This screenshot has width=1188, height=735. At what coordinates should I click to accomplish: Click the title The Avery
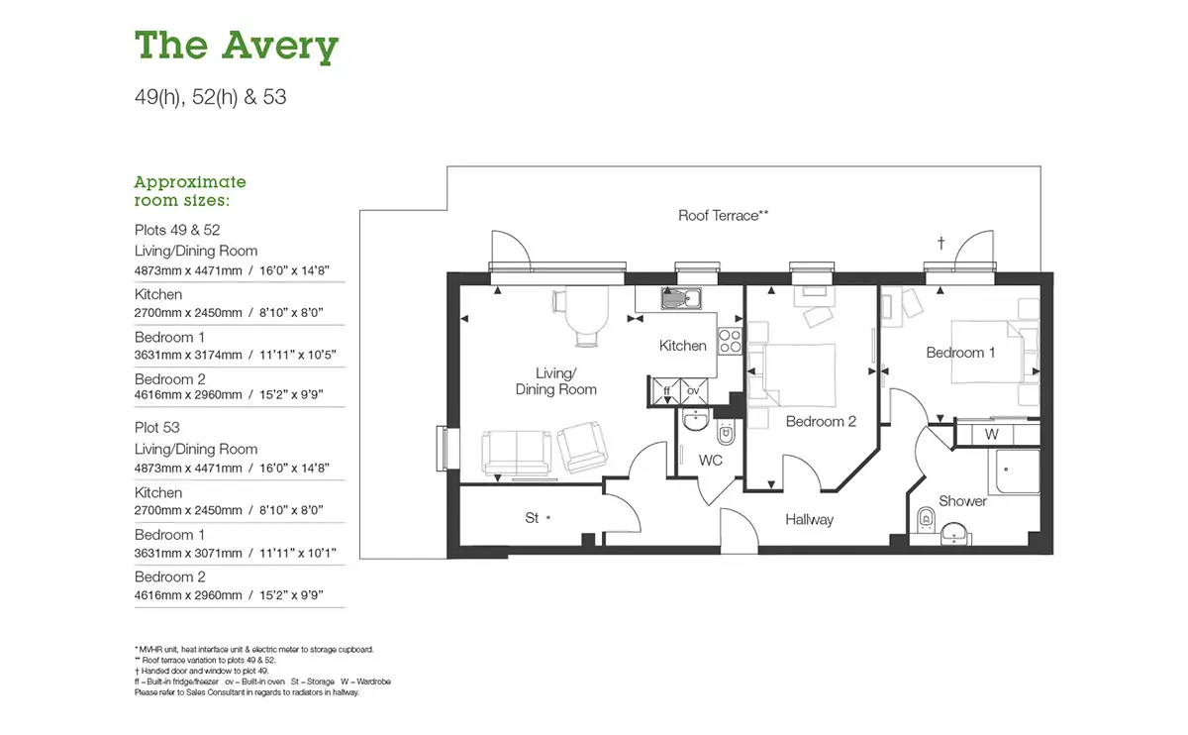[x=237, y=47]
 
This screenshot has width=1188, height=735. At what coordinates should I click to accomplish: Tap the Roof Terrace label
[x=723, y=216]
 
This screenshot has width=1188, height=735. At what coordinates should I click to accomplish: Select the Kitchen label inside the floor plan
[x=682, y=346]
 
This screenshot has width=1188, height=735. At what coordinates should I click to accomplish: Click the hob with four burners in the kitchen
[x=730, y=341]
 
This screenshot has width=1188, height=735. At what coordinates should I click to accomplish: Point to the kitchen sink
[x=681, y=298]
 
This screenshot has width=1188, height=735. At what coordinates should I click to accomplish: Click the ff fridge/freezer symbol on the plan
[x=666, y=391]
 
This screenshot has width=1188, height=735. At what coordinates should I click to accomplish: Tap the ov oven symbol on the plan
[x=694, y=391]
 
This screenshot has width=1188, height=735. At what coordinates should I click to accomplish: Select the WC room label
[x=710, y=460]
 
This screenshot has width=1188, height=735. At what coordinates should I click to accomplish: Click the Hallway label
[x=810, y=519]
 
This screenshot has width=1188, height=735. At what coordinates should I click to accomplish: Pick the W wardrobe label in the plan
[x=991, y=435]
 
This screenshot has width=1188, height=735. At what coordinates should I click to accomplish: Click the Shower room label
[x=962, y=501]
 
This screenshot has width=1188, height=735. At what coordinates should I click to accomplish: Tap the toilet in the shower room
[x=926, y=518]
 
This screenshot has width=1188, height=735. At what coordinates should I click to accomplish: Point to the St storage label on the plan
[x=532, y=518]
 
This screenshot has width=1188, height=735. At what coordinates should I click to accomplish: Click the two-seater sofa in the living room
[x=516, y=453]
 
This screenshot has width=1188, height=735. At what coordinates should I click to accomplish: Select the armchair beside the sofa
[x=582, y=447]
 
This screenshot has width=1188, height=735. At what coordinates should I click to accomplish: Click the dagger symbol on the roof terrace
[x=940, y=243]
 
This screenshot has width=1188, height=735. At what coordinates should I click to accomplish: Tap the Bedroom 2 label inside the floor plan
[x=821, y=421]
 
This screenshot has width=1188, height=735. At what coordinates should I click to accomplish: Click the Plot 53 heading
[x=157, y=427]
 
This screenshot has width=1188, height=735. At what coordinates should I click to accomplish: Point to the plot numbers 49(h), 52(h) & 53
[x=211, y=97]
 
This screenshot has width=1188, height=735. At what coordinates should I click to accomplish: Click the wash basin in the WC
[x=695, y=420]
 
